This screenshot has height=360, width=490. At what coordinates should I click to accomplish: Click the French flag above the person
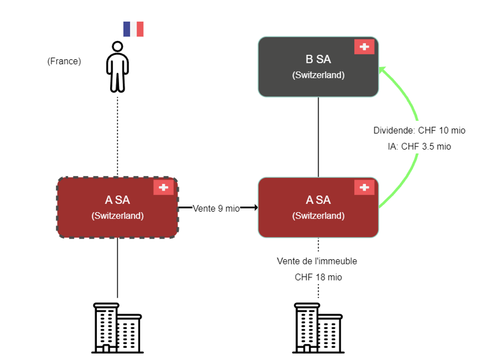click(133, 29)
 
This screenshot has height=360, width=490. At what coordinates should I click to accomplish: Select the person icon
click(117, 66)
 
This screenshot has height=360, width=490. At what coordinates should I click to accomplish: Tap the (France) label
click(64, 62)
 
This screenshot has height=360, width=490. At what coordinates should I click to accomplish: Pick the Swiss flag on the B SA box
click(364, 47)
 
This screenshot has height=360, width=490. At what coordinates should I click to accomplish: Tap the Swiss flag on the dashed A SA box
click(164, 188)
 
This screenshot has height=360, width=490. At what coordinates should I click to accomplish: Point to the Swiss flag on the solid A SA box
click(364, 188)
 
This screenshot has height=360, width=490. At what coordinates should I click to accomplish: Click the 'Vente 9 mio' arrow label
click(216, 208)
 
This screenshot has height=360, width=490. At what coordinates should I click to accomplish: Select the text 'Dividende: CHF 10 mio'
click(419, 130)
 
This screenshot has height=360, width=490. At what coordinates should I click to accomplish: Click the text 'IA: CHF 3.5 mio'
click(419, 146)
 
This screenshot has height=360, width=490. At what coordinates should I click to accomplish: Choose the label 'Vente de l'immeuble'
click(317, 261)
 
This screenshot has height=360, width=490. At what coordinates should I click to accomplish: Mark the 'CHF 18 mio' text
click(318, 277)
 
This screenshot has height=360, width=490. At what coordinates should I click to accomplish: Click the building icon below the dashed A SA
click(117, 328)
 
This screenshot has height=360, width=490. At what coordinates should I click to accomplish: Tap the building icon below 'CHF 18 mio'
click(318, 328)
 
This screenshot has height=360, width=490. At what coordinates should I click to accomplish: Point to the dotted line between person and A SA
click(117, 135)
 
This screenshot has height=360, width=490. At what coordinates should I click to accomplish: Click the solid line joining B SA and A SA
click(318, 137)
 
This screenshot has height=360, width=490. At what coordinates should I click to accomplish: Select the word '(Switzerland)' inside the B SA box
click(318, 76)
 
